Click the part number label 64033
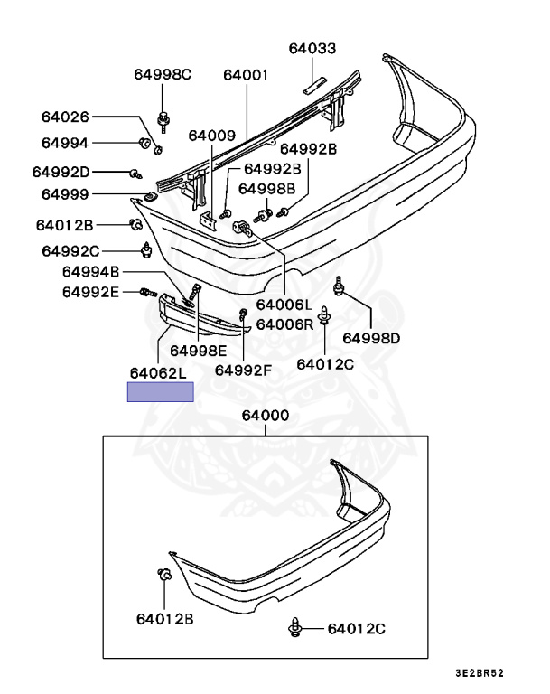312,48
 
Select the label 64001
246,75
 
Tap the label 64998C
163,74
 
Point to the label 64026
65,117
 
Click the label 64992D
61,172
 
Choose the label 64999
65,194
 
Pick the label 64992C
70,251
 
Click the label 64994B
90,272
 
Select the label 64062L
158,373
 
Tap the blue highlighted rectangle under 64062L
161,392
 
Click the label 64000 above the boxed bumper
265,416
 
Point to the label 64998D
371,339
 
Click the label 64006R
284,324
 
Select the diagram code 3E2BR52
480,673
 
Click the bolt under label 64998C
163,122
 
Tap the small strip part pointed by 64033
314,86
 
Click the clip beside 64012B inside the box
164,575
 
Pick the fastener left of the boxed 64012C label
295,628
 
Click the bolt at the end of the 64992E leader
149,292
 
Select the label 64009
212,136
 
